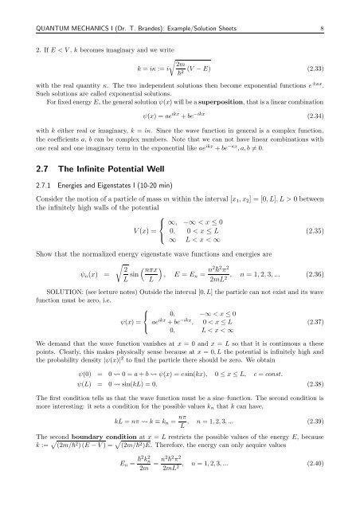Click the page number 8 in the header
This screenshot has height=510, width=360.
340,9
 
